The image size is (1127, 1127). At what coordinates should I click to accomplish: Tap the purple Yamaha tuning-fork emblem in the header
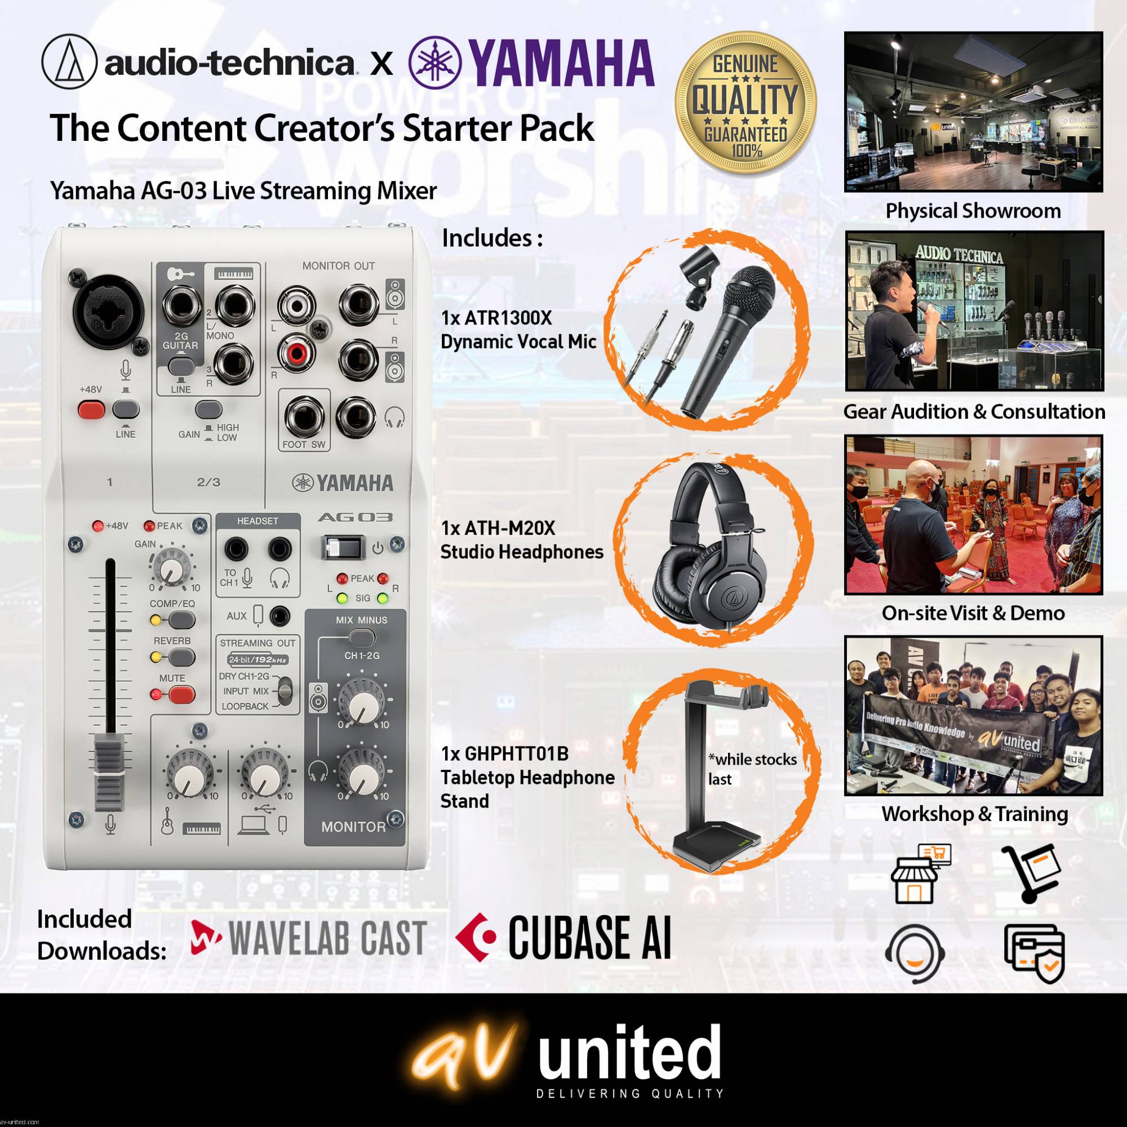435,63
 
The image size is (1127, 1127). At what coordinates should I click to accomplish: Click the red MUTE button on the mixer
182,695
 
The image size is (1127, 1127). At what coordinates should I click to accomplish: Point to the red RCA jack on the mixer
297,353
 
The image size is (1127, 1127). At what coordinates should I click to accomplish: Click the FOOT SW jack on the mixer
303,416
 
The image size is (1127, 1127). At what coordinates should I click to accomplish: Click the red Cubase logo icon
476,938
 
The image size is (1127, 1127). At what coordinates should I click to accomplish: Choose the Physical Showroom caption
973,211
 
